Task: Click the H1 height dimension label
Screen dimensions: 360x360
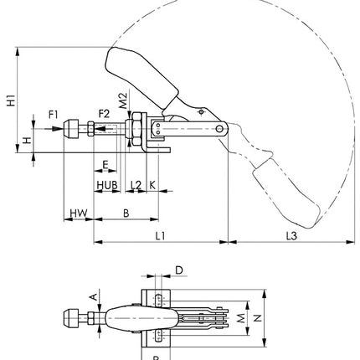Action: pos(10,102)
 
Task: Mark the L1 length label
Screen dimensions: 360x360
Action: pos(160,237)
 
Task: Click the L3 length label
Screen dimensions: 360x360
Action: pos(290,237)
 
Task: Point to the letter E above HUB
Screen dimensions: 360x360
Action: pos(105,165)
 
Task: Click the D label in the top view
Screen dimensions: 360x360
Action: pos(178,270)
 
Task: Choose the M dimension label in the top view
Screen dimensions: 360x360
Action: pos(241,319)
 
